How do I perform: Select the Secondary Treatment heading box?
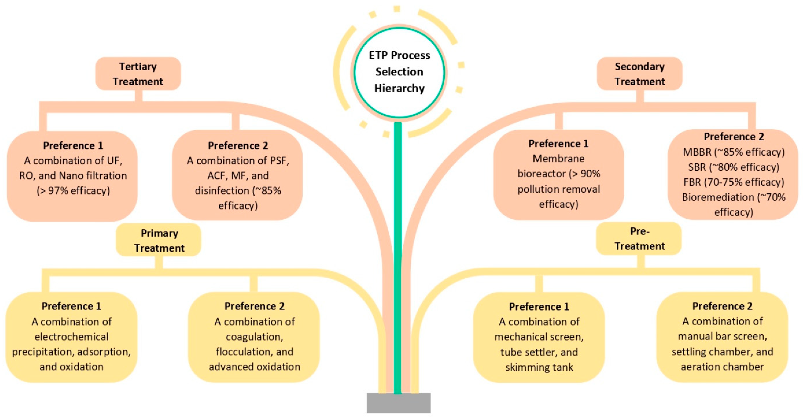[639, 74]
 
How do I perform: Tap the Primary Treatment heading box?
[159, 240]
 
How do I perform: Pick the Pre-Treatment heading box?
[639, 239]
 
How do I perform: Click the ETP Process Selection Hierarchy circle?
[399, 73]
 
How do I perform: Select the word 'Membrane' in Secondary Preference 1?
[559, 159]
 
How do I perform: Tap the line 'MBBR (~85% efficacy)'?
[734, 152]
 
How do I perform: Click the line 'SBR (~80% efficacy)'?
[734, 167]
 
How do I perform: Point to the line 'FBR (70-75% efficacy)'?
[734, 182]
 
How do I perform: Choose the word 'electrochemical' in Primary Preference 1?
[71, 337]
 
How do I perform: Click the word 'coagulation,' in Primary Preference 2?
[254, 337]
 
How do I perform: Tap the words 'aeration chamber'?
[722, 367]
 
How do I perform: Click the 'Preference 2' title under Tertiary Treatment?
[238, 145]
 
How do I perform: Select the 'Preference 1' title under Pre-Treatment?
[539, 307]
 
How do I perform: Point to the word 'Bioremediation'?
[717, 197]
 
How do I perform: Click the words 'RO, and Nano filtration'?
[73, 176]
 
